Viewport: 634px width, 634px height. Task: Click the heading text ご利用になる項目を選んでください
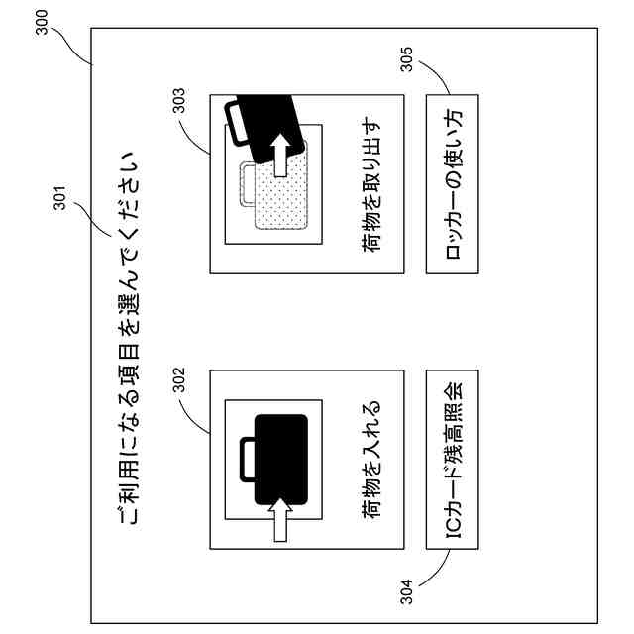pyautogui.click(x=127, y=337)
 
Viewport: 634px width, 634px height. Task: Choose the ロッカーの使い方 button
pyautogui.click(x=452, y=183)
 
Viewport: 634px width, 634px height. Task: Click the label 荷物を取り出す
pyautogui.click(x=373, y=184)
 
